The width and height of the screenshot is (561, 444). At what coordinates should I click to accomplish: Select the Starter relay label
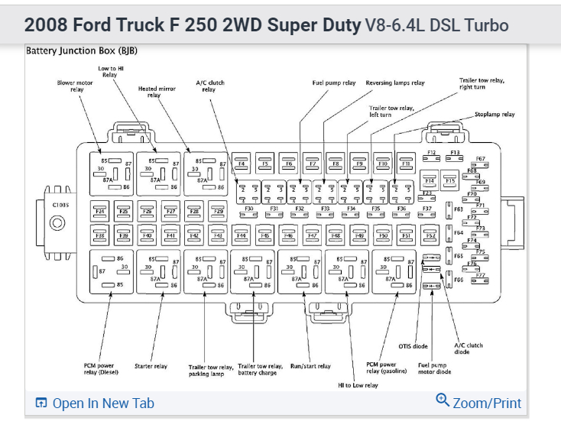(x=151, y=367)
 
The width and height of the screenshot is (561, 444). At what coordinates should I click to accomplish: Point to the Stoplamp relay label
(x=495, y=115)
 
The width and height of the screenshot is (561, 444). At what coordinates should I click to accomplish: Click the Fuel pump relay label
(x=334, y=83)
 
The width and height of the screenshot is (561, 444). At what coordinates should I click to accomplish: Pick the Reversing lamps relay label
(x=395, y=83)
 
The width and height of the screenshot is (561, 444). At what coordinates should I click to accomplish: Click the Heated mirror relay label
(x=157, y=92)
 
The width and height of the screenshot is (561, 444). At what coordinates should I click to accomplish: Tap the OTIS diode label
(x=413, y=346)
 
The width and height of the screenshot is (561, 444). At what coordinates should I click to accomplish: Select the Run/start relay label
(x=310, y=367)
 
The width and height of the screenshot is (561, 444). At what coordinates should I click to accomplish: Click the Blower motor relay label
(x=76, y=86)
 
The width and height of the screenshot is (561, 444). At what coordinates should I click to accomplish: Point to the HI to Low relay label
(x=358, y=385)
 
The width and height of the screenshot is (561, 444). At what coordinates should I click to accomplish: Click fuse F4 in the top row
(x=242, y=164)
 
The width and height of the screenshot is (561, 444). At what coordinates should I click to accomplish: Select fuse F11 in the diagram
(x=406, y=164)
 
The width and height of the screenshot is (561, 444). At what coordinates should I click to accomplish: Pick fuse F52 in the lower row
(x=430, y=235)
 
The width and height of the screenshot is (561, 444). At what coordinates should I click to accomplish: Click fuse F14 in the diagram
(x=430, y=181)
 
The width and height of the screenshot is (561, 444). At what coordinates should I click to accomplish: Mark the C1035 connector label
(x=60, y=205)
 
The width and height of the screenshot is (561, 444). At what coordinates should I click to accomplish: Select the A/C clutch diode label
(x=469, y=348)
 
